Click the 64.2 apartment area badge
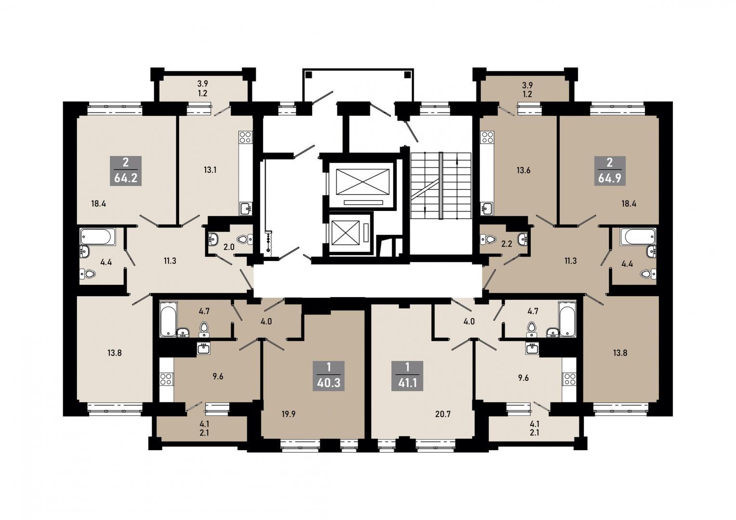(126, 171)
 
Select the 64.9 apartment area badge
(610, 171)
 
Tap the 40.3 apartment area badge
(329, 376)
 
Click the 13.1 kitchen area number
(210, 170)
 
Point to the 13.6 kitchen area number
(524, 171)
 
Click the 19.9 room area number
(289, 414)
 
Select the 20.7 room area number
(443, 414)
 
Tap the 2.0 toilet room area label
(229, 247)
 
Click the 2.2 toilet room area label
(506, 245)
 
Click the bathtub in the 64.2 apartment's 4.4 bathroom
(98, 237)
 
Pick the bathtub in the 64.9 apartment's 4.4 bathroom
(638, 237)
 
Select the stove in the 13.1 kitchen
(246, 137)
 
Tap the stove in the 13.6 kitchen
(487, 137)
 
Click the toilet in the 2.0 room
(244, 239)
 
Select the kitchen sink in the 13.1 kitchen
(245, 208)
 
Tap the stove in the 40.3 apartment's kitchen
(166, 379)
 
